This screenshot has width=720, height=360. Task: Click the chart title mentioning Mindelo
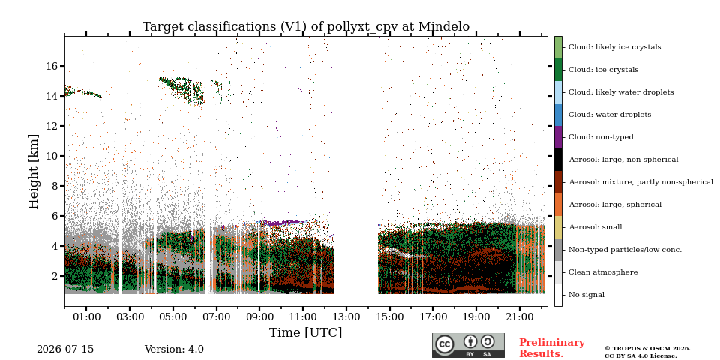tap(306, 27)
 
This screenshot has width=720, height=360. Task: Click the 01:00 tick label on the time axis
tap(86, 316)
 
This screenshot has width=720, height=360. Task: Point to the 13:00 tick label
tap(346, 316)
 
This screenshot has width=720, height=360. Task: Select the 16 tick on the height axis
tap(52, 66)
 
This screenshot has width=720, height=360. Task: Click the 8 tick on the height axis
tap(55, 186)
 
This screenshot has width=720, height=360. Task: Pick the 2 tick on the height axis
tap(55, 276)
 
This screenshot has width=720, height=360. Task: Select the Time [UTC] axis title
tap(305, 332)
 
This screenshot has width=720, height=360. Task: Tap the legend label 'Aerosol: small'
tap(595, 227)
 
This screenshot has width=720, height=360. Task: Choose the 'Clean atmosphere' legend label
tap(603, 272)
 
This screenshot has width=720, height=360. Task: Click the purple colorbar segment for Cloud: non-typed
tap(558, 137)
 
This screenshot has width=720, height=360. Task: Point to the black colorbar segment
tap(558, 160)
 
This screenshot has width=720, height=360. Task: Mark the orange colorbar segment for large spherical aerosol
tap(558, 205)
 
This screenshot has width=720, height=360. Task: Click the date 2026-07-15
tap(65, 349)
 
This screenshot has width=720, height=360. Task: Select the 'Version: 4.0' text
tap(174, 349)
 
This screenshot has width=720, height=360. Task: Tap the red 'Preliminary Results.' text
tap(552, 348)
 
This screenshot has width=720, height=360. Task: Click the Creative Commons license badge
tap(468, 345)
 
